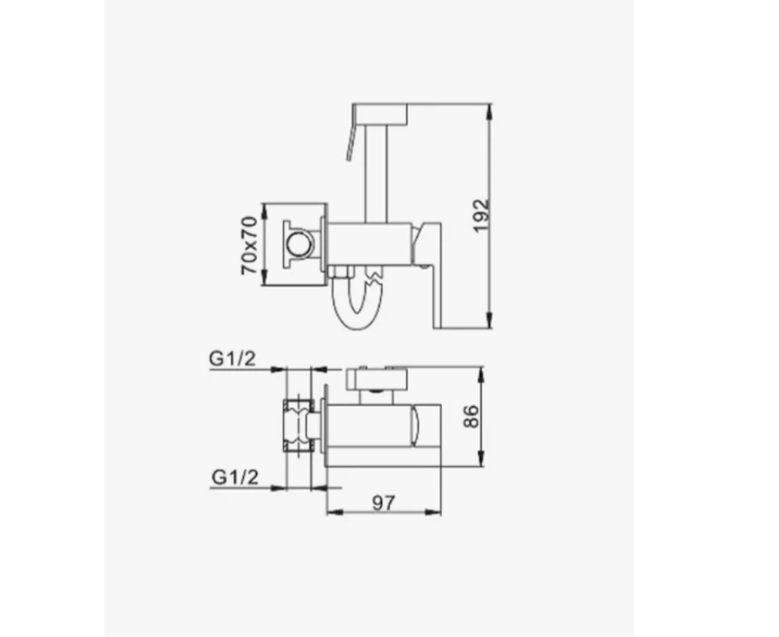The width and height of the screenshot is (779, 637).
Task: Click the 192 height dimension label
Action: (x=482, y=216)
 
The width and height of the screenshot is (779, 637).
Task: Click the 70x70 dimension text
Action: (x=248, y=245)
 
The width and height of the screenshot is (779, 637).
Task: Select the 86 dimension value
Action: (x=471, y=417)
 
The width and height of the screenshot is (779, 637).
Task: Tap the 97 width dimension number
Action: (x=383, y=503)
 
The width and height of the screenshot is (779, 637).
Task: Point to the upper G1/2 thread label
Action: (x=232, y=358)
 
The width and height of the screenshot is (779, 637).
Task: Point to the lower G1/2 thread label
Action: (x=235, y=477)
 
